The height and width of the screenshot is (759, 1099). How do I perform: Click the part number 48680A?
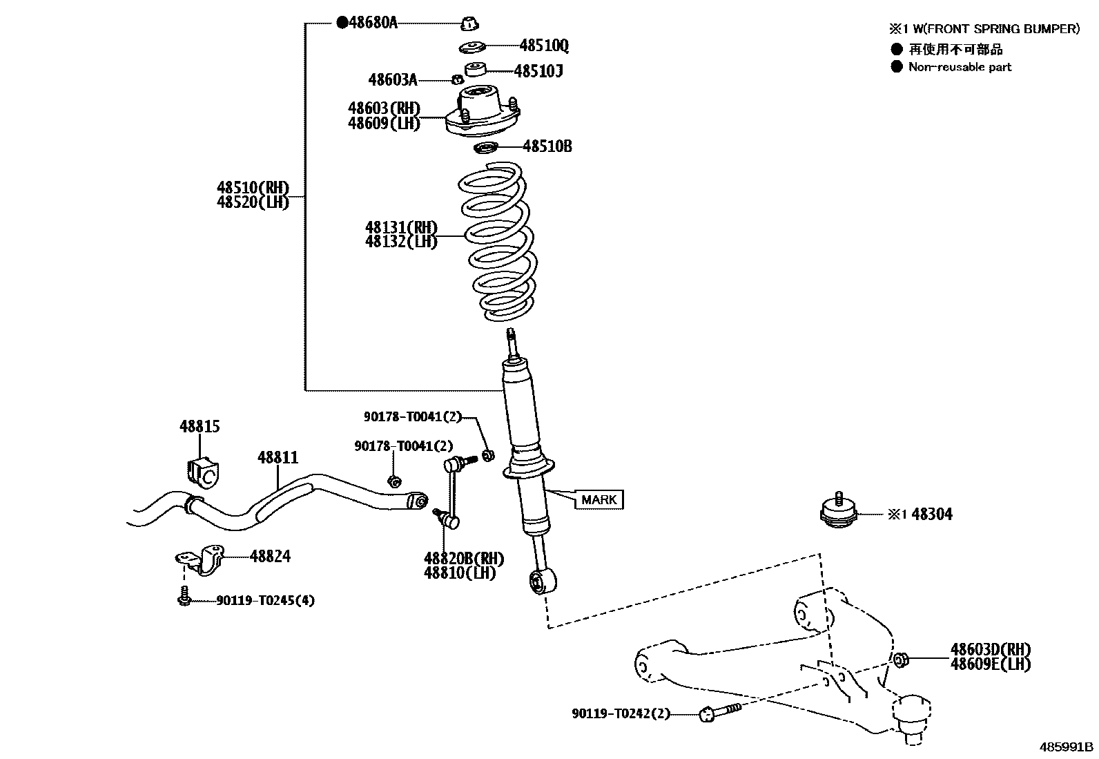tap(373, 23)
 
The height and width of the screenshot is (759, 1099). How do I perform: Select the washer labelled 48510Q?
tap(473, 47)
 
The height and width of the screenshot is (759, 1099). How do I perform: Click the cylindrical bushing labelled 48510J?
tap(475, 69)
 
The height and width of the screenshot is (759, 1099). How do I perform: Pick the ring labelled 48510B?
tap(486, 148)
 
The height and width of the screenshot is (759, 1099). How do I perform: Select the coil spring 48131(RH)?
tap(496, 242)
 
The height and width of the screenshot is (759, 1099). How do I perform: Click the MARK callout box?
tap(599, 499)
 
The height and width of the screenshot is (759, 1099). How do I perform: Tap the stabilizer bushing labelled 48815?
tap(202, 470)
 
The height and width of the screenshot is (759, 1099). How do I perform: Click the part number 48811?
tap(278, 457)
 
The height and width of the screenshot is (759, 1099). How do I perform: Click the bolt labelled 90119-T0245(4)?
tap(184, 596)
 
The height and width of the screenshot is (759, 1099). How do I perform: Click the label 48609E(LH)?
tap(990, 664)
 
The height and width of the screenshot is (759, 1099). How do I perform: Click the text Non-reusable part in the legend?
tap(960, 67)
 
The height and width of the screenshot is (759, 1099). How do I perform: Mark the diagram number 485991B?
tap(1067, 747)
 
